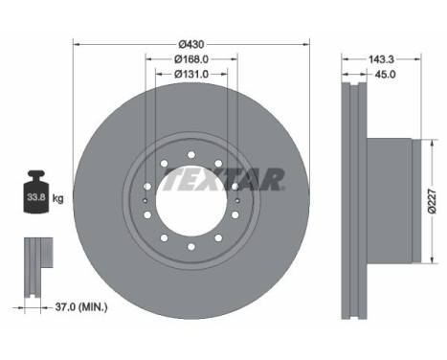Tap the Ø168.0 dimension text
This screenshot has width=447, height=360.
(192, 59)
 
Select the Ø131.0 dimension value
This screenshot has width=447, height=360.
(192, 76)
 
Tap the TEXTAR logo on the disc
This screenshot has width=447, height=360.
(243, 178)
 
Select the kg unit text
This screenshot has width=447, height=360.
(58, 199)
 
